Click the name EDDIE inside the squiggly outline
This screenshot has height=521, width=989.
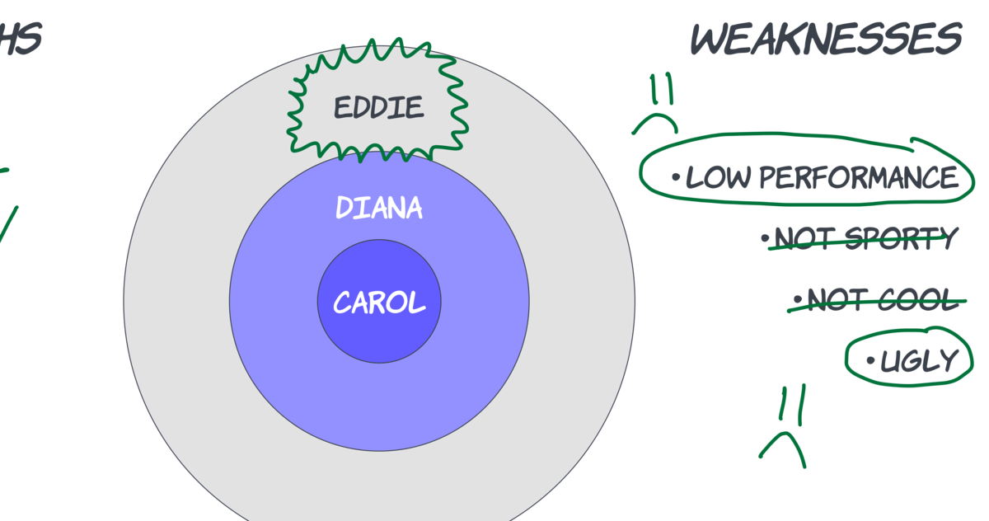(x=378, y=108)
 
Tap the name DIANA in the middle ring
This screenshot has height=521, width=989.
(x=379, y=208)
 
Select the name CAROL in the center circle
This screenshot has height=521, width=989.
(x=379, y=303)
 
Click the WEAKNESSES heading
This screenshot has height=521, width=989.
(x=826, y=39)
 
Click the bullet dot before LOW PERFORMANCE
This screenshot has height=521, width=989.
(x=676, y=177)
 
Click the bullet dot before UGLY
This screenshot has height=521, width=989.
(x=870, y=360)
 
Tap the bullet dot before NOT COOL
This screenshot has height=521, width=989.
(x=798, y=299)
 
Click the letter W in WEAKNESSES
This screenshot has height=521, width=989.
(x=712, y=39)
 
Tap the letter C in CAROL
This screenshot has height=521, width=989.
(x=344, y=303)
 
